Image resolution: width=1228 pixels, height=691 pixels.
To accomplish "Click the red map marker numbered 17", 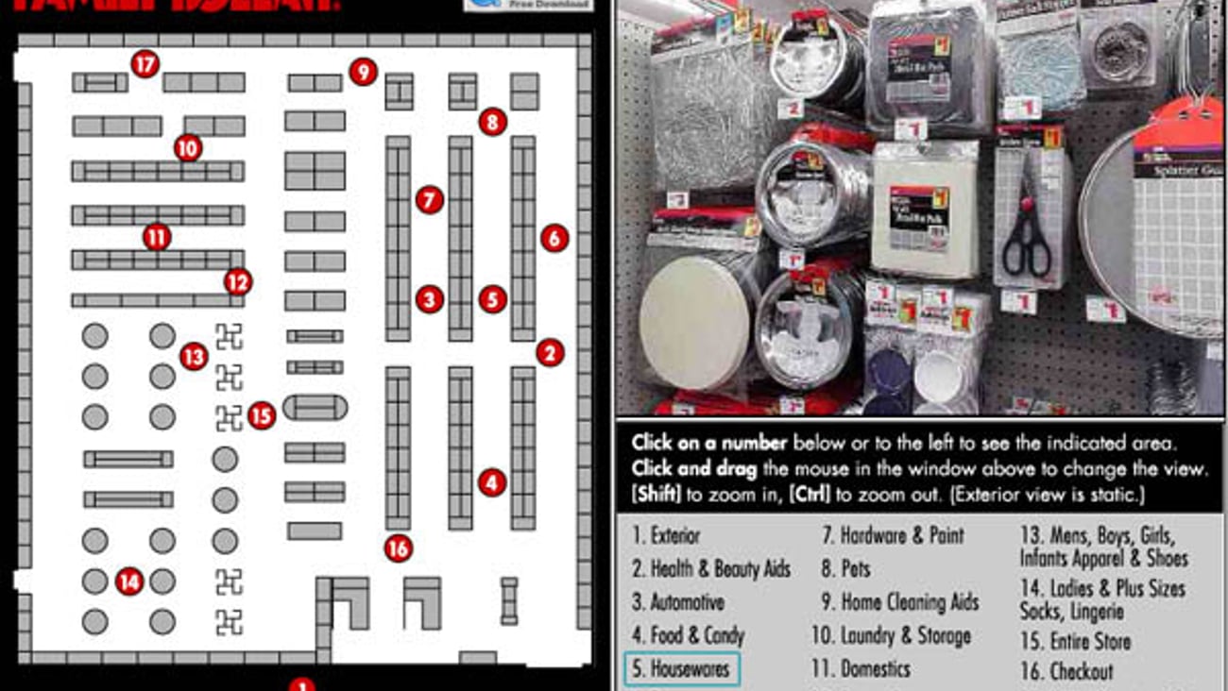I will (145, 64).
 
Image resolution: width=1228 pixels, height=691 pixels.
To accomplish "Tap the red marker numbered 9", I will (363, 71).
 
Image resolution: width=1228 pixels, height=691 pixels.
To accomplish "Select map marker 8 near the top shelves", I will (492, 122).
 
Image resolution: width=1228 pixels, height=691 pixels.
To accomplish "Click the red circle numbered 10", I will (188, 148).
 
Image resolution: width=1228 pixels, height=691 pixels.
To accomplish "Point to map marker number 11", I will (157, 237).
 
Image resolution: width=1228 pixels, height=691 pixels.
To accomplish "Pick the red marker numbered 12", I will (238, 281).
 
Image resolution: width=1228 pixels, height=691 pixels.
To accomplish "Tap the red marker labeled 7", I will (429, 200).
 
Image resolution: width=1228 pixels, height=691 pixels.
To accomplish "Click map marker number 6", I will (554, 238).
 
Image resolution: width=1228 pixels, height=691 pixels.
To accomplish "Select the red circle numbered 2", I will (550, 353).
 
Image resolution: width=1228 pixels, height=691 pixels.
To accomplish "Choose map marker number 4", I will (491, 483).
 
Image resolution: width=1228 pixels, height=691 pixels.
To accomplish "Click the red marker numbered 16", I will (399, 548).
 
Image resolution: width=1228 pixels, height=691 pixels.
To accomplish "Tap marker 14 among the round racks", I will (128, 581).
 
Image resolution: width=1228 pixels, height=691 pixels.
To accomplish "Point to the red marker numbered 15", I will (262, 415).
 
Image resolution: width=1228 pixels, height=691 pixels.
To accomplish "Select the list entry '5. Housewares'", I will (681, 669).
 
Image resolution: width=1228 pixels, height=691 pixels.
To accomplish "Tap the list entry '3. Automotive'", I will (678, 602).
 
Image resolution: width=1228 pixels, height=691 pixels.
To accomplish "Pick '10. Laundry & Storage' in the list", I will (891, 636).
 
